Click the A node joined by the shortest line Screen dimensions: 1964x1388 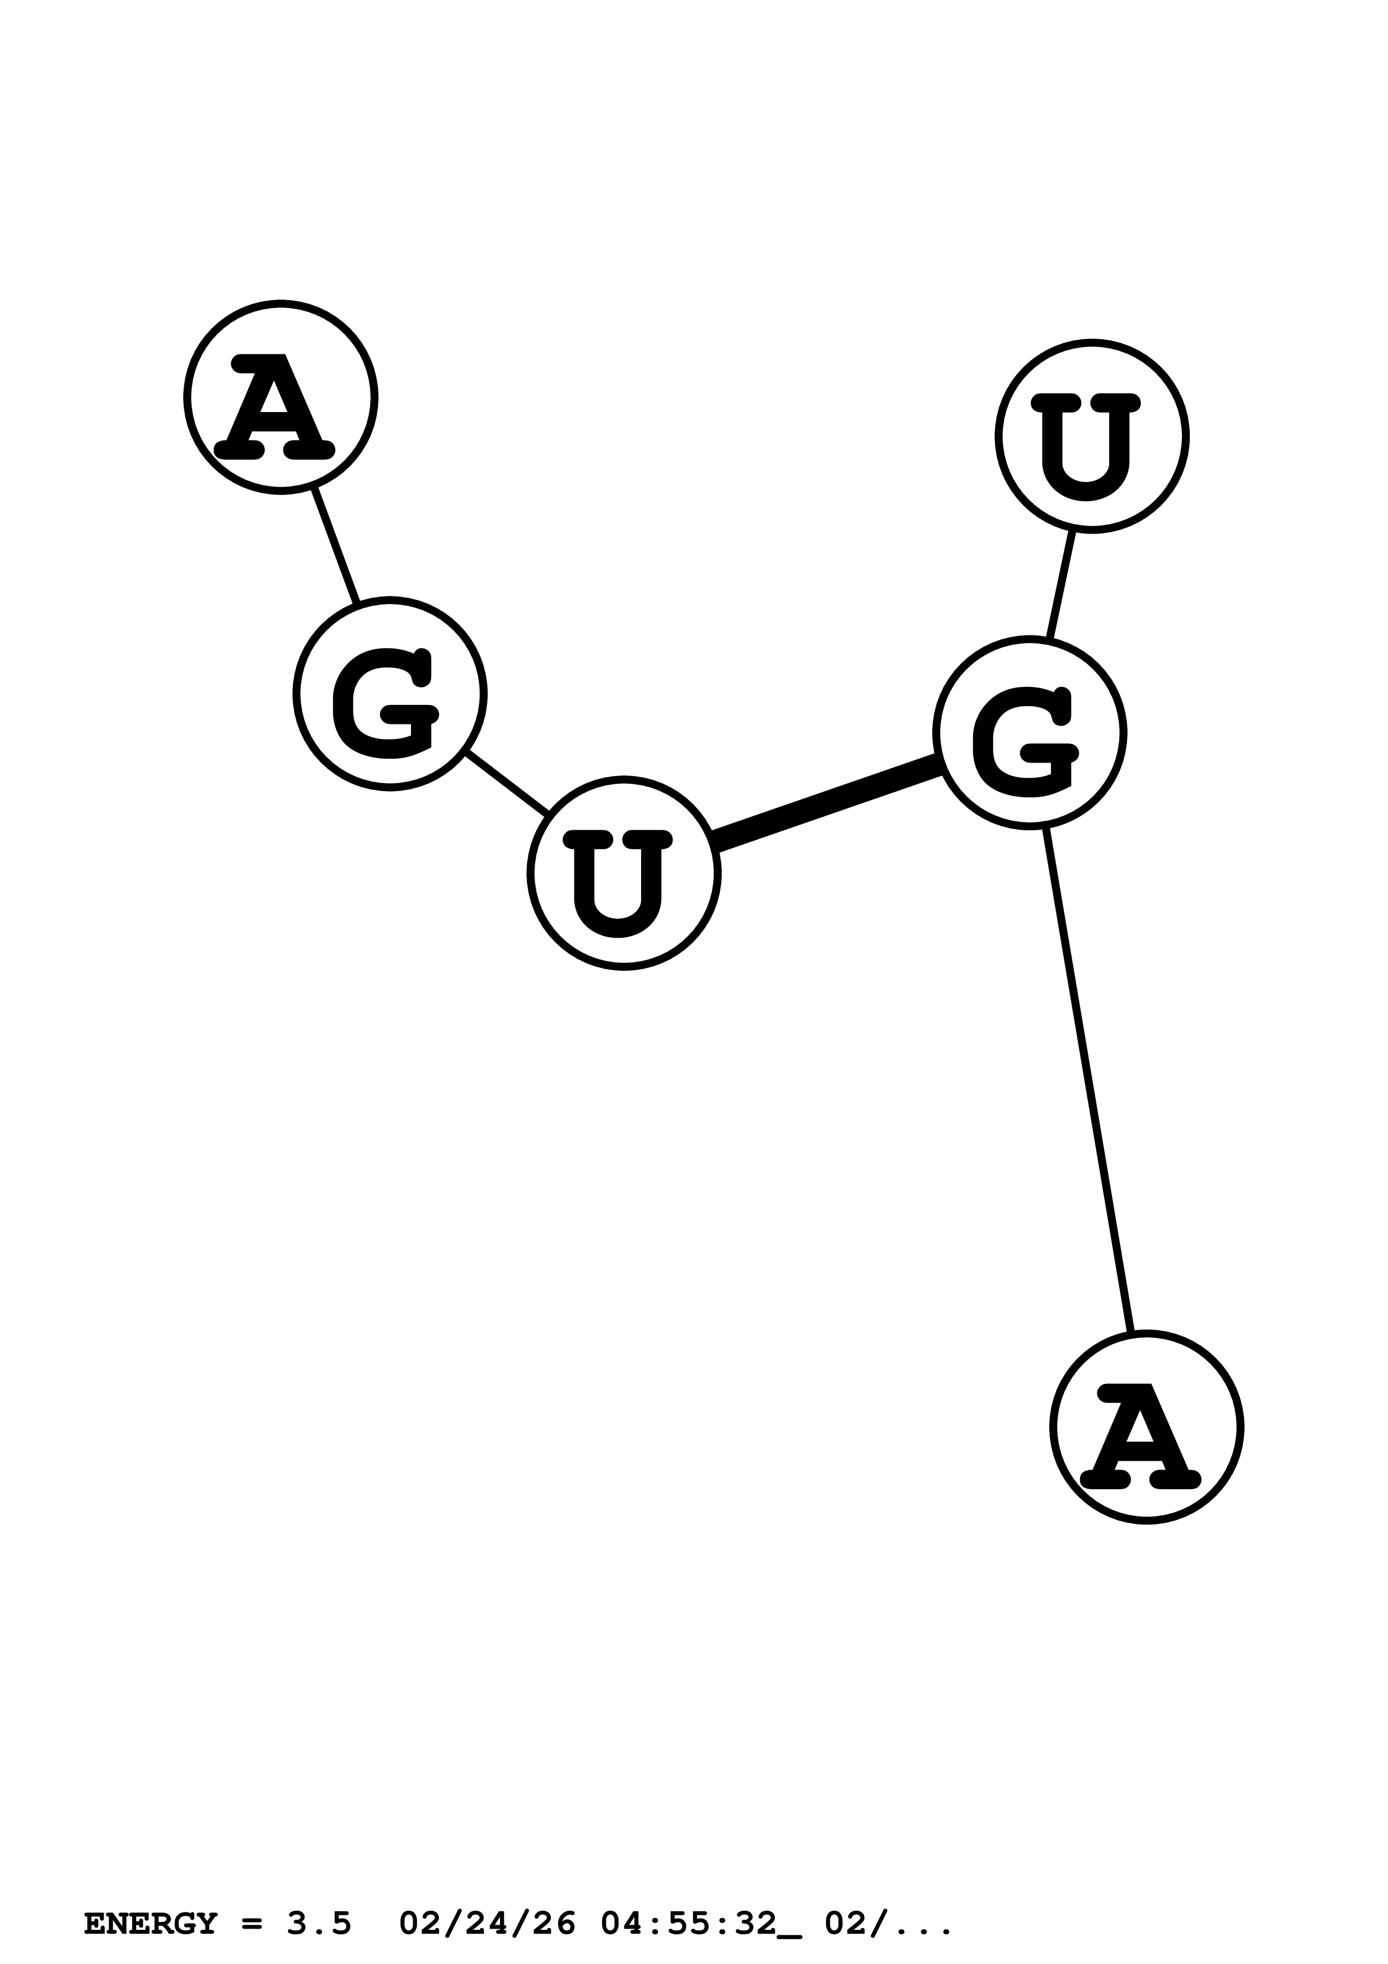pyautogui.click(x=281, y=398)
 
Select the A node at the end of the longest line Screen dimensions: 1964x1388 pyautogui.click(x=1146, y=1427)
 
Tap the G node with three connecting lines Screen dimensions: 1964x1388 pyautogui.click(x=1029, y=733)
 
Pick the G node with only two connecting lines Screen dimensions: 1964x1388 pyautogui.click(x=389, y=694)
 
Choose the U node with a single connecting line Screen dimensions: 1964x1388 pyautogui.click(x=1091, y=436)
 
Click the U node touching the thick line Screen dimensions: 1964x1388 pyautogui.click(x=623, y=873)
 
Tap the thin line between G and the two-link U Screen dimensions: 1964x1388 pyautogui.click(x=506, y=784)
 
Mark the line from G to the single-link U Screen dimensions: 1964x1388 pyautogui.click(x=1062, y=584)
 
